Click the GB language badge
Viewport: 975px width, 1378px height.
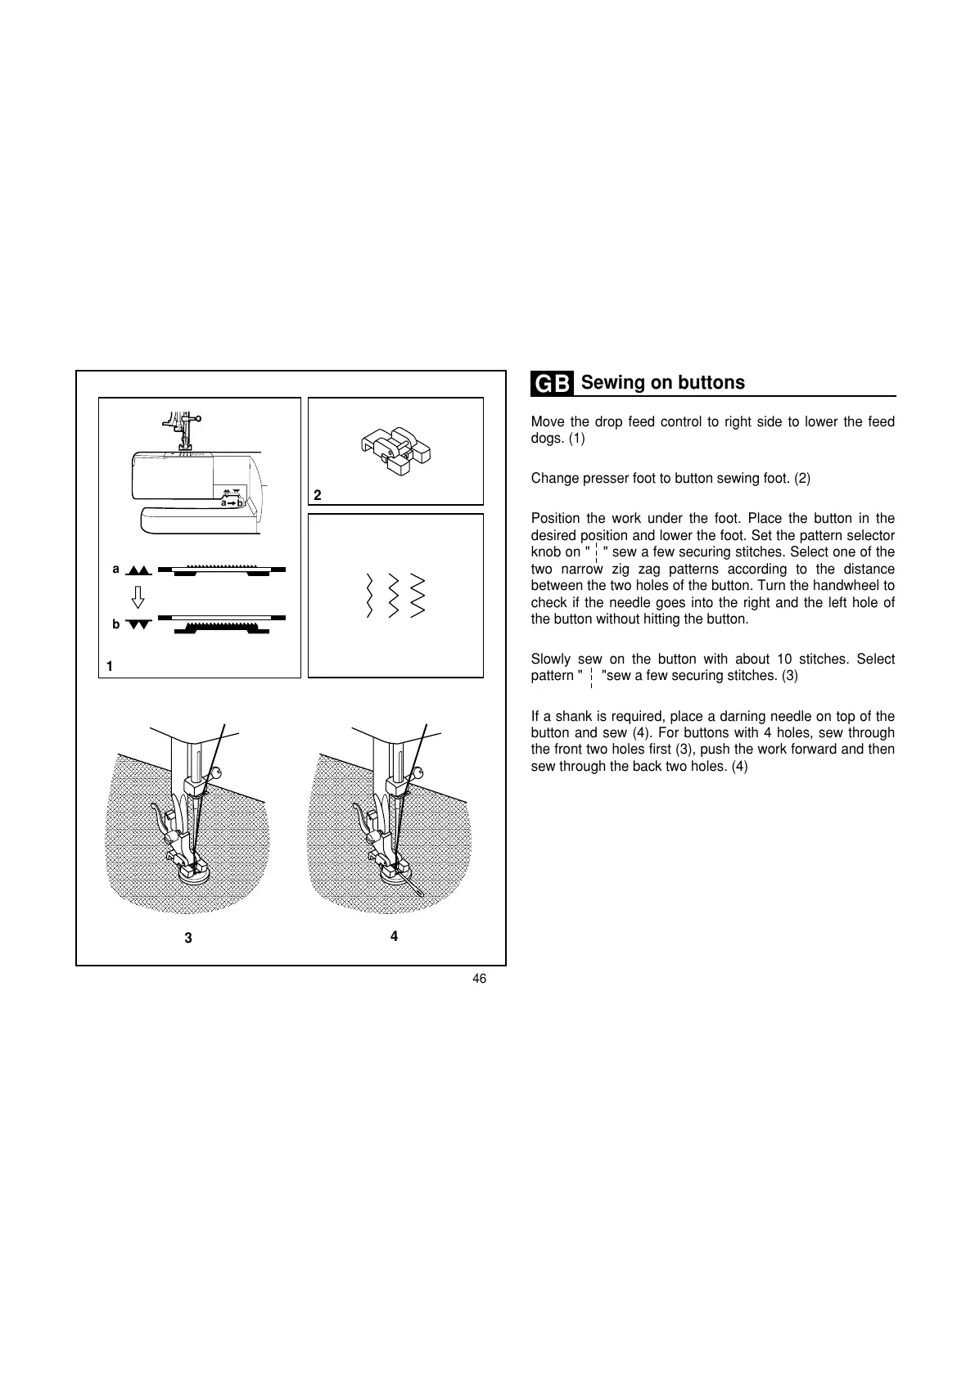(x=552, y=384)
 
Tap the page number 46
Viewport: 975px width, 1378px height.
(x=479, y=979)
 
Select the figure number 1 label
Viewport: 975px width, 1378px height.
(x=110, y=667)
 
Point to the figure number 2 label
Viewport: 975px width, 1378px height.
(x=318, y=495)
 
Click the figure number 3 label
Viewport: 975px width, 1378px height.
(x=188, y=938)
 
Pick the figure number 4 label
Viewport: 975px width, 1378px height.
(x=394, y=936)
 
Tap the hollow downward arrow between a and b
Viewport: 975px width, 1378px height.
(x=138, y=596)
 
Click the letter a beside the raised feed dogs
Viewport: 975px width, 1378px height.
(x=116, y=569)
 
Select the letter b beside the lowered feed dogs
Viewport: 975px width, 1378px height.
(x=116, y=624)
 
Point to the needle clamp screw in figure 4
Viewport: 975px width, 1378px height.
(x=418, y=772)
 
